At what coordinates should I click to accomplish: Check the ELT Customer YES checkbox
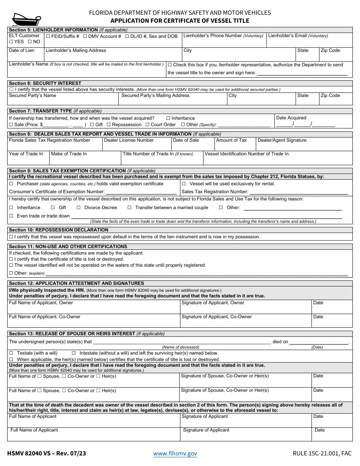[x=11, y=42]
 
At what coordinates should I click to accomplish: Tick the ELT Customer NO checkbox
[x=30, y=42]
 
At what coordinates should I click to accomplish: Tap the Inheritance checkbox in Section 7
[x=168, y=118]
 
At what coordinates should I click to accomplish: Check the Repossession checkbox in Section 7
[x=109, y=125]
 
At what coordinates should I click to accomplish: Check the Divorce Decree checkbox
[x=79, y=208]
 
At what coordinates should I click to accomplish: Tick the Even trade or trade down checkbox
[x=11, y=216]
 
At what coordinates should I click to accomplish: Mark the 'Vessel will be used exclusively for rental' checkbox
[x=184, y=184]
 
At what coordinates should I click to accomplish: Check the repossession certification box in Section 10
[x=11, y=237]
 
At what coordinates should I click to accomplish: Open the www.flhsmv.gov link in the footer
[x=175, y=453]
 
